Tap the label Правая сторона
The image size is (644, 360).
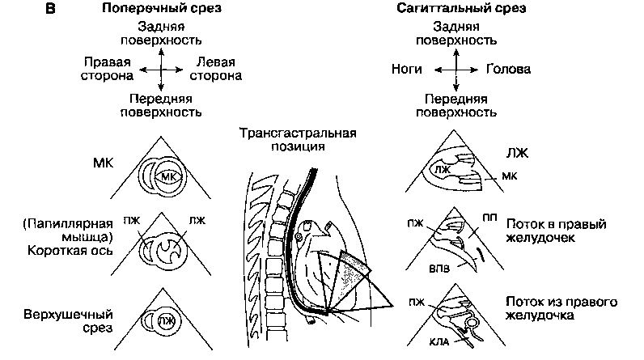108,68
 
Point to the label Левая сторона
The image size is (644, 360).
214,68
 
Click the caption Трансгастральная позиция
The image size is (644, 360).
297,140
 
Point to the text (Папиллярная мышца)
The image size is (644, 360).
73,228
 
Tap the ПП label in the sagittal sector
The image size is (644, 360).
489,218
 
